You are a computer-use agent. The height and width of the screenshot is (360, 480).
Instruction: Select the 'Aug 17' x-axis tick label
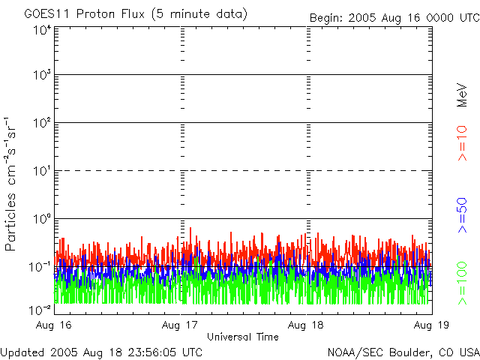(x=181, y=325)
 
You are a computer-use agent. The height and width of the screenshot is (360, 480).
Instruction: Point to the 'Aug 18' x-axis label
(x=307, y=325)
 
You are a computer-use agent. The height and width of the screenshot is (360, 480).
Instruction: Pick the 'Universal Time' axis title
(x=242, y=337)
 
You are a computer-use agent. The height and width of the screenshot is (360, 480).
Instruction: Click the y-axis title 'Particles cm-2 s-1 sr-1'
(x=12, y=184)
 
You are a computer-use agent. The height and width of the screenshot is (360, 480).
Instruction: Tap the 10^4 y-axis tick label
(x=41, y=30)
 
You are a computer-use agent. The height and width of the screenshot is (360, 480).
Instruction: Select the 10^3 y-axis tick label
(x=41, y=75)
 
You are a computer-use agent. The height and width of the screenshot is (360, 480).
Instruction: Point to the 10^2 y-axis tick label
(x=41, y=123)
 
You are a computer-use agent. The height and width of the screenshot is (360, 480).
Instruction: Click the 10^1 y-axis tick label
(x=41, y=171)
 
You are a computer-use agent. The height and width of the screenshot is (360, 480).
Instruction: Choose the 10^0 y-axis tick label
(x=41, y=219)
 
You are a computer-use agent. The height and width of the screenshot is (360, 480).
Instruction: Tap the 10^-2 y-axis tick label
(x=41, y=309)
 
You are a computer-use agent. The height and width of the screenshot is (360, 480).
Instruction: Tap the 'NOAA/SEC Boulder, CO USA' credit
(x=403, y=352)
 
